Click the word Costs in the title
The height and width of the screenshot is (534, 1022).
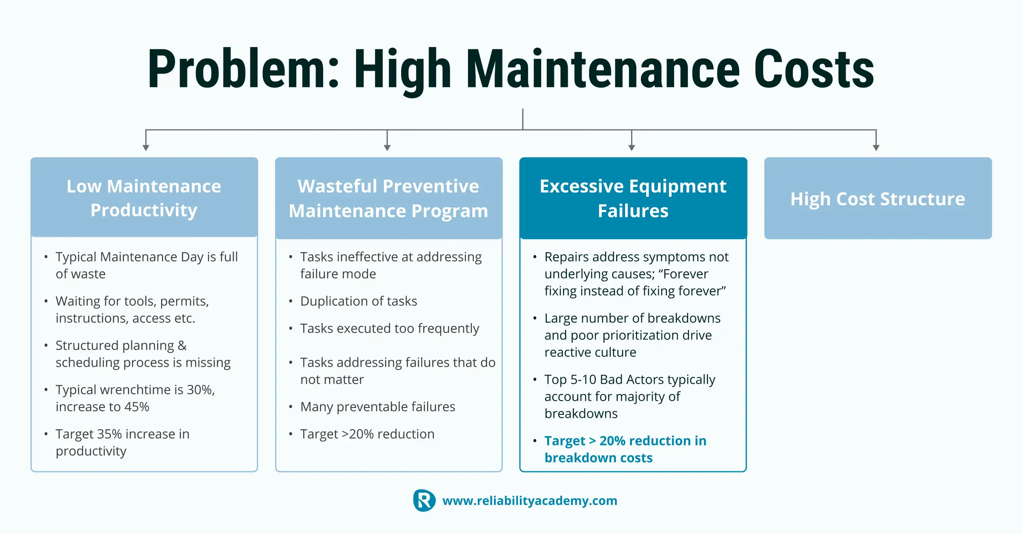[x=814, y=69]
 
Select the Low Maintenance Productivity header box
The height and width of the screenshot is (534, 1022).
[x=144, y=197]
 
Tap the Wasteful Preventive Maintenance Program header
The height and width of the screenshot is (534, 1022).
[x=389, y=198]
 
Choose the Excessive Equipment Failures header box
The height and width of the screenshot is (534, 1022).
[x=633, y=198]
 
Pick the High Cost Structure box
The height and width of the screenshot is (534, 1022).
[x=878, y=198]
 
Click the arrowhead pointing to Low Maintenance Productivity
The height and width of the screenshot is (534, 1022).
[x=146, y=147]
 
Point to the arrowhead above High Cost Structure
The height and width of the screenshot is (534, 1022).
[x=876, y=147]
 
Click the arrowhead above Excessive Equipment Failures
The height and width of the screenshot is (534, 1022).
[x=632, y=147]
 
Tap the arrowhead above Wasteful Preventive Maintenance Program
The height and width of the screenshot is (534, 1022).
[x=387, y=147]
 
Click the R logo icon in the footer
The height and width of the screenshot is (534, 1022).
[x=424, y=500]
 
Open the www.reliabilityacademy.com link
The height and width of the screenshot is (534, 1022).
[x=530, y=500]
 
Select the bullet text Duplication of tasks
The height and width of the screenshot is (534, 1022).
[x=359, y=301]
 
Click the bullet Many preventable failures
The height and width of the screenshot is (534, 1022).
[x=378, y=407]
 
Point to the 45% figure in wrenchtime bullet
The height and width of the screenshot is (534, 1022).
[x=137, y=407]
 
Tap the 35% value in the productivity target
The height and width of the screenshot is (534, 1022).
[x=109, y=434]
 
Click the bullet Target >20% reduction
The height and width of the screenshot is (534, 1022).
[x=367, y=434]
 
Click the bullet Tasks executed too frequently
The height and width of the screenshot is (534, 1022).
[x=390, y=328]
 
